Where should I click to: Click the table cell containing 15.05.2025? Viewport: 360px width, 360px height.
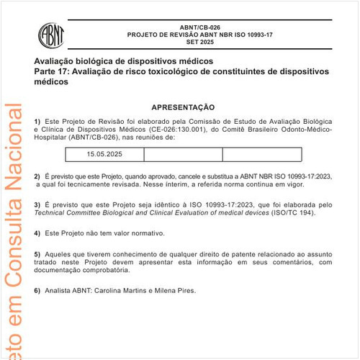(105, 154)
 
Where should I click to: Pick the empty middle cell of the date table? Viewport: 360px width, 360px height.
(183, 154)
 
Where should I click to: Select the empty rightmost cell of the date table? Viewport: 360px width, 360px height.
(262, 154)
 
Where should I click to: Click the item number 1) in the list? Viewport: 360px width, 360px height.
(37, 120)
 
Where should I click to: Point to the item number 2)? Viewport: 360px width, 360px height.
(37, 176)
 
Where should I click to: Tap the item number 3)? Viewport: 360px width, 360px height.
(37, 205)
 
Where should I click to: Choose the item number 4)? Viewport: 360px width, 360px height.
(37, 234)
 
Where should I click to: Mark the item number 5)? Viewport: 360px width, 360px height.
(37, 254)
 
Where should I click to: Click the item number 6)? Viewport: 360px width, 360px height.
(37, 290)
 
